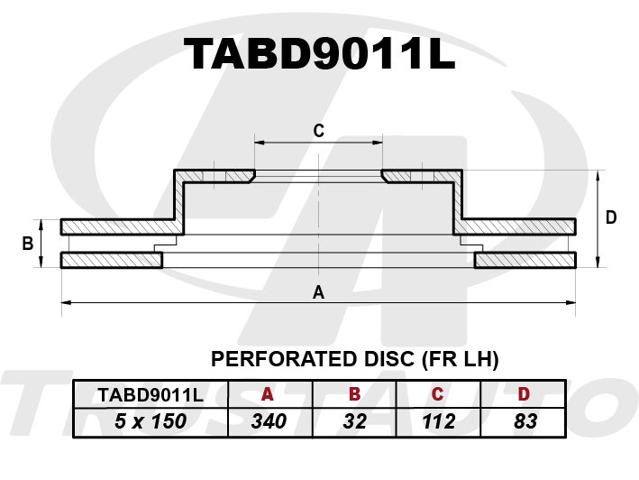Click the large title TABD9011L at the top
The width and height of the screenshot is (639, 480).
click(x=319, y=55)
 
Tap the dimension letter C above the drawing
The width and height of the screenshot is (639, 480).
click(x=318, y=131)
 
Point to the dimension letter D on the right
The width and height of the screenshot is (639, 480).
click(x=610, y=217)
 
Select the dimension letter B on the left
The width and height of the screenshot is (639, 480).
click(x=28, y=243)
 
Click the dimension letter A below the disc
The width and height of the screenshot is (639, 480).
click(x=317, y=291)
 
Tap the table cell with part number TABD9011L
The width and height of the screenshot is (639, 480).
click(x=151, y=394)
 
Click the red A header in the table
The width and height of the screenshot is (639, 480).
click(x=267, y=394)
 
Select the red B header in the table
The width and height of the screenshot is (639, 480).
click(x=354, y=394)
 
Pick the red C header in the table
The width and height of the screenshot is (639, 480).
click(x=437, y=394)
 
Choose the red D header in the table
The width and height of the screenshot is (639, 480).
click(x=524, y=394)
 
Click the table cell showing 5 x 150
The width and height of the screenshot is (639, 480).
click(x=151, y=420)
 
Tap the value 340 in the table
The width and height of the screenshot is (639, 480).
click(x=267, y=420)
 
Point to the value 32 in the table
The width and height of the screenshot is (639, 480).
click(x=354, y=420)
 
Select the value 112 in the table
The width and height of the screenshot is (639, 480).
click(x=437, y=420)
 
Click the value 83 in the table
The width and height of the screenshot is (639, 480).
click(x=524, y=420)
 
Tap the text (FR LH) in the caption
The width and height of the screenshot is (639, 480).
click(x=460, y=359)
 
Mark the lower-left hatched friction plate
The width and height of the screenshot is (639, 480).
click(x=111, y=261)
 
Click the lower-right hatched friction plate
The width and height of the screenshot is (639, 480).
click(x=525, y=261)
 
